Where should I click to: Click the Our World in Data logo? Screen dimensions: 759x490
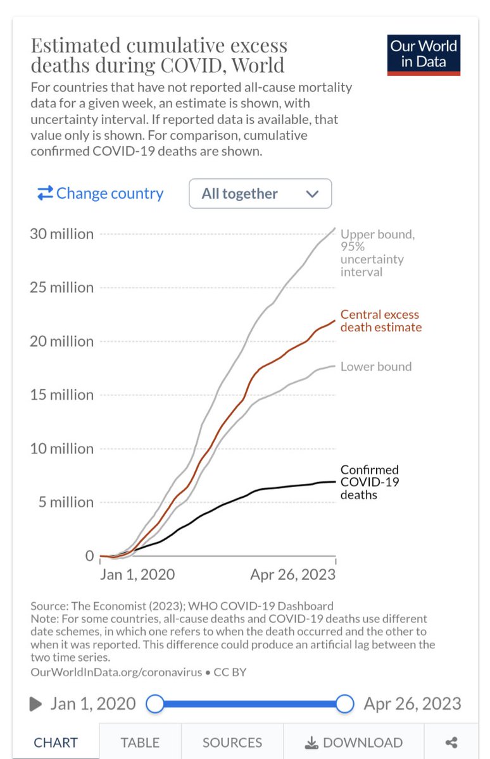[424, 55]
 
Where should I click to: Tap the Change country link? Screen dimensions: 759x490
[100, 194]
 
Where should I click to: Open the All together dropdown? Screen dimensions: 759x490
[260, 194]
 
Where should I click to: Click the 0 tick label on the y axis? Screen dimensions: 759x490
[89, 556]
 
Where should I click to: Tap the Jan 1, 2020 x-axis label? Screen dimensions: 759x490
[138, 575]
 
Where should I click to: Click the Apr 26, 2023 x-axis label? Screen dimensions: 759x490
[292, 575]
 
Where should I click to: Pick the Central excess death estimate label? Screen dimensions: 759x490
[380, 321]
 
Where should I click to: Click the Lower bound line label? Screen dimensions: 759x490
[376, 366]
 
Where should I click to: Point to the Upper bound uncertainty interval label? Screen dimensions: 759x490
[378, 253]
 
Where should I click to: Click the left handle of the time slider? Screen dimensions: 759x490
[155, 703]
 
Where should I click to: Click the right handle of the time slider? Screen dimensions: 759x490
[344, 703]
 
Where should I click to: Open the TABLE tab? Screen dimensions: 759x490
[139, 743]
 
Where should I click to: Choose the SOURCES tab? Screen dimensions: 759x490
[232, 743]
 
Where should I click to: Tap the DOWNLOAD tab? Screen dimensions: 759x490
[353, 743]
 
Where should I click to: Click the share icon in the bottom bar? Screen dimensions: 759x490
[451, 743]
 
